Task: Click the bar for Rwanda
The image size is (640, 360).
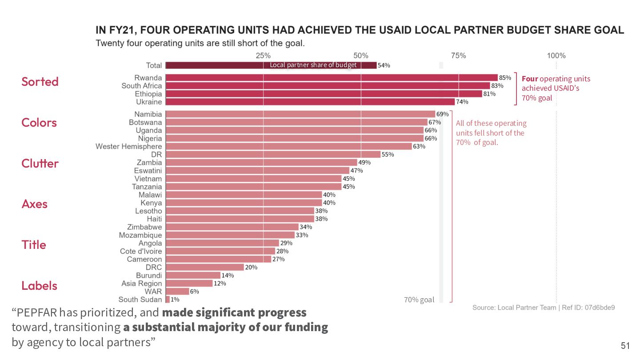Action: pos(331,78)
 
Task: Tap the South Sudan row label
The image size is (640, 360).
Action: pos(140,300)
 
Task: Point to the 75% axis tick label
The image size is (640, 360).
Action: pos(458,56)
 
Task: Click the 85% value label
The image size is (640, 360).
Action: pos(505,78)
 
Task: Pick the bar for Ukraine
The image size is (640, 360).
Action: pos(310,102)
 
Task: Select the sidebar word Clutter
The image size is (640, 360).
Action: pos(40,163)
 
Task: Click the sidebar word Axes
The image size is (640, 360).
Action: pos(34,204)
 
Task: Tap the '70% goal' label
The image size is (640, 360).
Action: pos(419,300)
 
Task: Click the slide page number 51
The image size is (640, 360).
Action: pos(625,346)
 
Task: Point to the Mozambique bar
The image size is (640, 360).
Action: pos(230,235)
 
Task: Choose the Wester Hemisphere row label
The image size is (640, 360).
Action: pos(129,146)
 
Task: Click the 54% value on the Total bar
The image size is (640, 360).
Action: pos(384,65)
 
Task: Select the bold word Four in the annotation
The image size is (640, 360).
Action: pos(529,79)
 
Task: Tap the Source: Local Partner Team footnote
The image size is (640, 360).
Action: pos(544,308)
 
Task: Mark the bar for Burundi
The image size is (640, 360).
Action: pos(193,276)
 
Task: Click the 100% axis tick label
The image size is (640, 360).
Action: pos(556,56)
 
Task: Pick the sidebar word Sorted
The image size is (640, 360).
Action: pos(40,81)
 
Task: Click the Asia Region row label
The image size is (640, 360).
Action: pos(142,284)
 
